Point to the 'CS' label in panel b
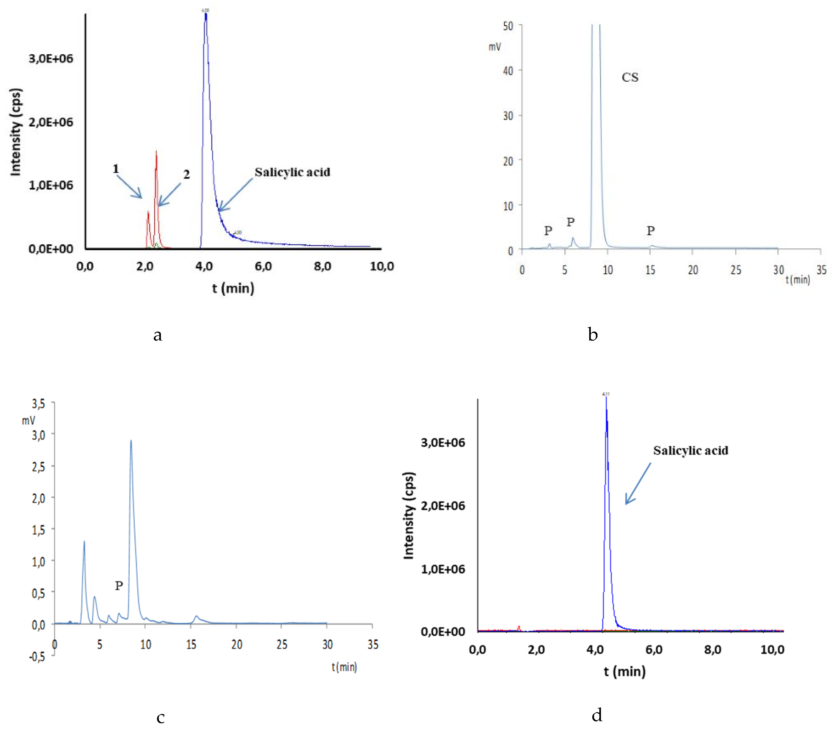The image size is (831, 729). click(630, 77)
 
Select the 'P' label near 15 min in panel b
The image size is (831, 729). click(651, 231)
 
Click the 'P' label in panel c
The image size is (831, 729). click(119, 586)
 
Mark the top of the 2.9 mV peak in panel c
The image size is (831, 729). click(131, 441)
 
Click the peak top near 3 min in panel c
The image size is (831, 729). click(84, 541)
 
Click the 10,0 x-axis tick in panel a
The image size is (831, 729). click(381, 266)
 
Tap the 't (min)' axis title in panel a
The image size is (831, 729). click(233, 288)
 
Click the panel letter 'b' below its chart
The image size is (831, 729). click(593, 335)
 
